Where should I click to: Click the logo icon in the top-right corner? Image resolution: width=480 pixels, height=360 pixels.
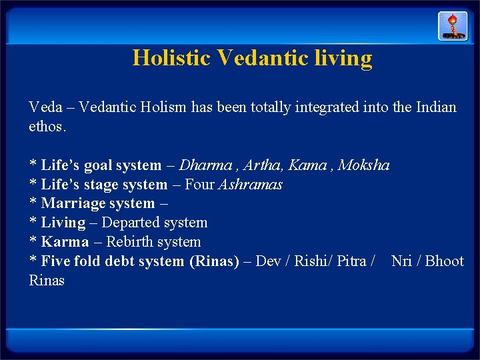click(x=453, y=26)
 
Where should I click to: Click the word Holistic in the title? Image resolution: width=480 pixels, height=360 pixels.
click(x=172, y=58)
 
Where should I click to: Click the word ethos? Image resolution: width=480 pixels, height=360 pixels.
click(x=47, y=126)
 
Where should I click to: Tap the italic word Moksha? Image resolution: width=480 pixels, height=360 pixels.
click(x=364, y=165)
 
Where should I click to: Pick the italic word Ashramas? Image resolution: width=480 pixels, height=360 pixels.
click(x=251, y=184)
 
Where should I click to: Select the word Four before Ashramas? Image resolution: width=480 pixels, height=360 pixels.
click(x=200, y=184)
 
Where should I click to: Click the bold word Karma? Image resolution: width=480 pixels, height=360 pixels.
click(x=65, y=242)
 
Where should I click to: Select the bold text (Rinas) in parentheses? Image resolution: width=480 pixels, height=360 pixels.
click(x=214, y=261)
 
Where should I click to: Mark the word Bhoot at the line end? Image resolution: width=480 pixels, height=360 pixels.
click(x=445, y=261)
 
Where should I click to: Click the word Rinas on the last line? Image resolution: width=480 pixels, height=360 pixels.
click(x=47, y=281)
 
